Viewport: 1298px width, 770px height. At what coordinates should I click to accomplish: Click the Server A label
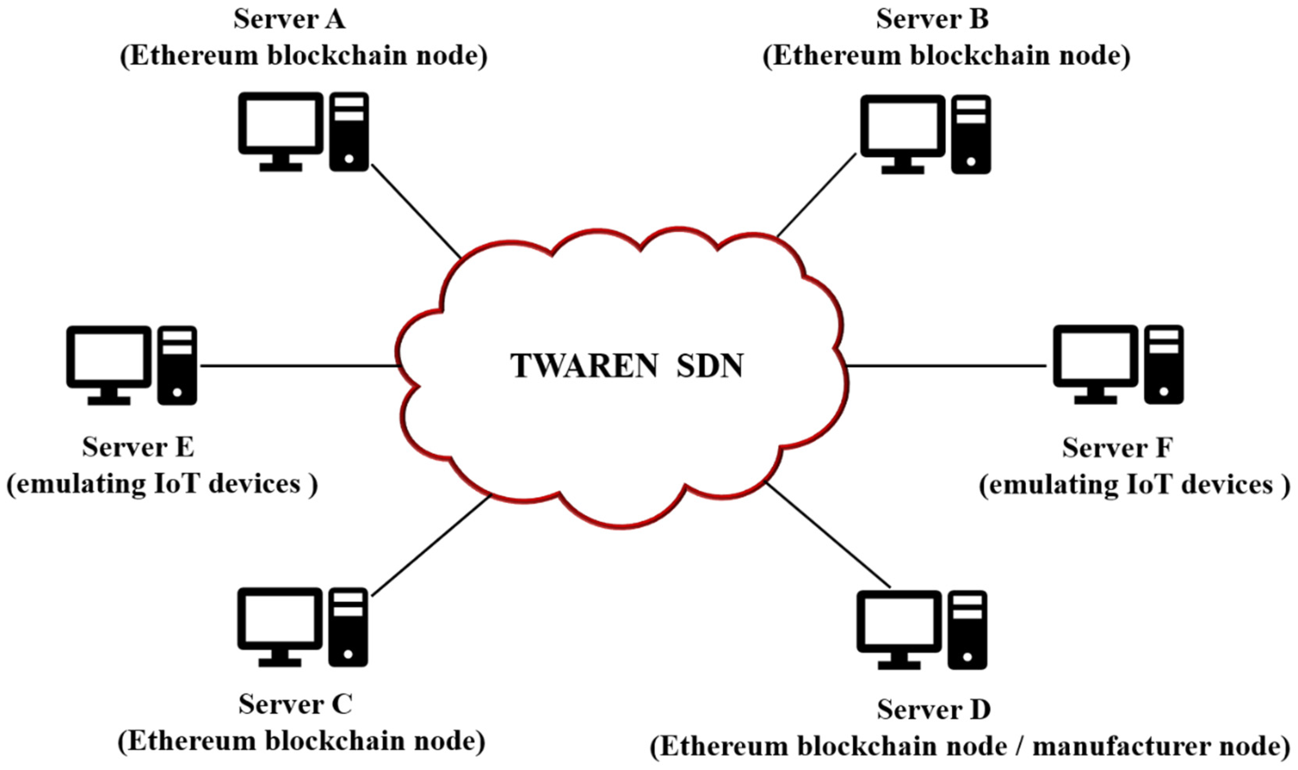tap(289, 20)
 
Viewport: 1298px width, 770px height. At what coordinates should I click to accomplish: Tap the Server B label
tap(932, 20)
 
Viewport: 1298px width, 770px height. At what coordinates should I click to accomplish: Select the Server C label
tap(295, 705)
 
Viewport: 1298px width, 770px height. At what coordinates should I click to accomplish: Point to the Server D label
tap(934, 710)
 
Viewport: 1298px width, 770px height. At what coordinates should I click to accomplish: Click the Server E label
tap(138, 447)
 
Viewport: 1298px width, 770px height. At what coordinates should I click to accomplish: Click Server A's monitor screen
tap(280, 123)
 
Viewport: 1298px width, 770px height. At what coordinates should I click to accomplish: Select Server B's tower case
tap(971, 134)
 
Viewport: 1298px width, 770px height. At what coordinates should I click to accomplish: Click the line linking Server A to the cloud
tap(415, 210)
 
